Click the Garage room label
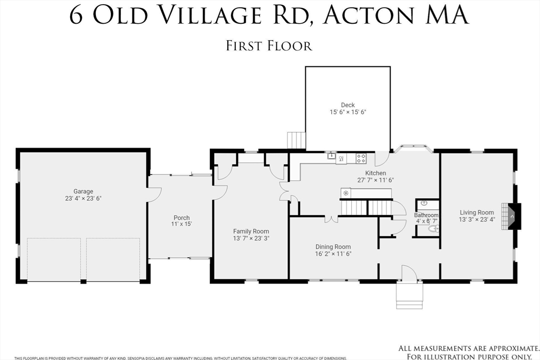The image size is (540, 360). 83,191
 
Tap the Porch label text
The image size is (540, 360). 181,218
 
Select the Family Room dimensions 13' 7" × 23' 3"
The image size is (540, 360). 251,239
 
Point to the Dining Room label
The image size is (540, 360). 333,247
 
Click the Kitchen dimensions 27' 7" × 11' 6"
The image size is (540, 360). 375,180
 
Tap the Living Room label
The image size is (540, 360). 477,212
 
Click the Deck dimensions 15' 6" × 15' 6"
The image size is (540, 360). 348,112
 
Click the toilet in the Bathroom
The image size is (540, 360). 433,229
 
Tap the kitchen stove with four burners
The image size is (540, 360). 361,157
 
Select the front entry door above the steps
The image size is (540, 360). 409,274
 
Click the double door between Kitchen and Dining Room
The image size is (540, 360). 331,218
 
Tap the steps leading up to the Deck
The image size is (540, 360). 296,141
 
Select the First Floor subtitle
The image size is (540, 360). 269,46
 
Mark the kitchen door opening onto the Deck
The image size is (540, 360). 382,158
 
